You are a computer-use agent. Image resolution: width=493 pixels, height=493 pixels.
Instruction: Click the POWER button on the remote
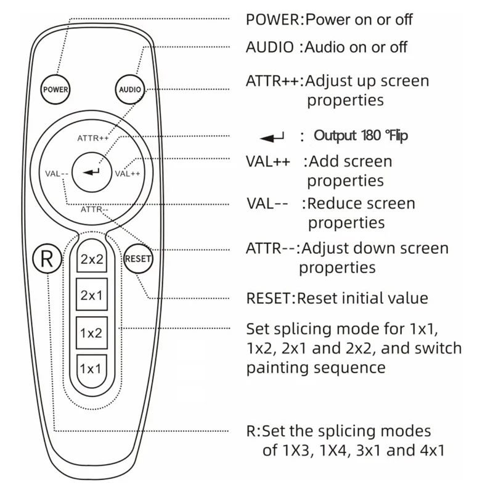click(x=55, y=89)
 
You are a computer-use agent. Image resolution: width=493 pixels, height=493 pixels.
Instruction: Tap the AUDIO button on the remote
click(x=129, y=89)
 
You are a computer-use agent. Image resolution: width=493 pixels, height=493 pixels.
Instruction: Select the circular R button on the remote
click(x=47, y=259)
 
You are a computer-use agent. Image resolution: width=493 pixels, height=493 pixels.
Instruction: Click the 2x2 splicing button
click(x=91, y=259)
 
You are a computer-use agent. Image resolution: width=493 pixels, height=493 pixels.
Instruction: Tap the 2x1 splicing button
click(x=91, y=295)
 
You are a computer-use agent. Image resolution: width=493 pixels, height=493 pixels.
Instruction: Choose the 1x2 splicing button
click(x=91, y=333)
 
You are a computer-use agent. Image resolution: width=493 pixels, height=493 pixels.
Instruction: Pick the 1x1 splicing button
click(x=91, y=369)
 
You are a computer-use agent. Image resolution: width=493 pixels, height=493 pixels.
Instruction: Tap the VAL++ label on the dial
click(x=128, y=173)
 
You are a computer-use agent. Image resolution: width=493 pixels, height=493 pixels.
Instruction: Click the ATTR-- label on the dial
click(x=94, y=210)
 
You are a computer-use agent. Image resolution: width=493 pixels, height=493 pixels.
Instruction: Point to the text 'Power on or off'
click(x=359, y=19)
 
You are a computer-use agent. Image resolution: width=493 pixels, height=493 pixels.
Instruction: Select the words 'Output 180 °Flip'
click(x=361, y=136)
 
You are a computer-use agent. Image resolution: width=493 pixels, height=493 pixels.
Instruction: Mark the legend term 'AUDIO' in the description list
click(x=270, y=47)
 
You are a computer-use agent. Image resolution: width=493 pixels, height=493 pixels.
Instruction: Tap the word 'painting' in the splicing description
click(x=280, y=368)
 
